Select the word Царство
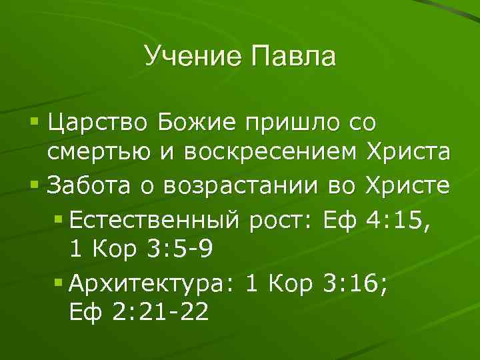point(97,124)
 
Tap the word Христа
point(408,153)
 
